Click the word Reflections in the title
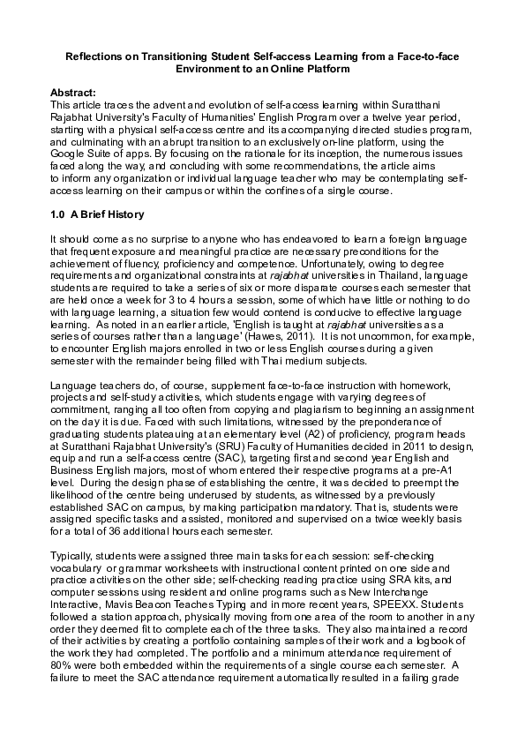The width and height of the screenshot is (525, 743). point(97,56)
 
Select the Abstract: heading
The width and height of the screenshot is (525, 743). point(75,92)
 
